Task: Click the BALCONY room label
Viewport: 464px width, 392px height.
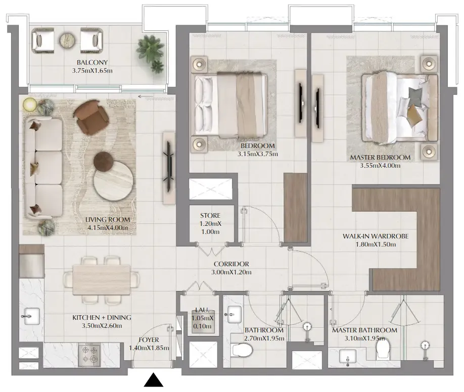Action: [x=92, y=63]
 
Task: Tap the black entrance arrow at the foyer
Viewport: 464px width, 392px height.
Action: [x=153, y=380]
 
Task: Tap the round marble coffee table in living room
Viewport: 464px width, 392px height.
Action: [x=112, y=180]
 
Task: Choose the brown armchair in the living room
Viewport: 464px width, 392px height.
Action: [x=91, y=116]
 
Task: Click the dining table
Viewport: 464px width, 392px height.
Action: [x=102, y=279]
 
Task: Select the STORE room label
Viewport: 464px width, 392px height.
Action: [x=210, y=215]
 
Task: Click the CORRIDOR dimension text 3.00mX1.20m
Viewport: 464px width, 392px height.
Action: [x=231, y=272]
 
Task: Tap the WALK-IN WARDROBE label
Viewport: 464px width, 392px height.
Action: [x=376, y=236]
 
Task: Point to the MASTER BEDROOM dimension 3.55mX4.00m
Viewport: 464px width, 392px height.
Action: [x=380, y=166]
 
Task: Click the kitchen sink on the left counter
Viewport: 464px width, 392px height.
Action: [x=31, y=316]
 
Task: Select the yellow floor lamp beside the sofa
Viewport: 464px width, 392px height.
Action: [x=30, y=104]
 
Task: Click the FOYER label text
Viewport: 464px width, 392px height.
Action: [x=149, y=340]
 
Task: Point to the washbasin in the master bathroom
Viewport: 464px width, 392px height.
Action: [x=348, y=357]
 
